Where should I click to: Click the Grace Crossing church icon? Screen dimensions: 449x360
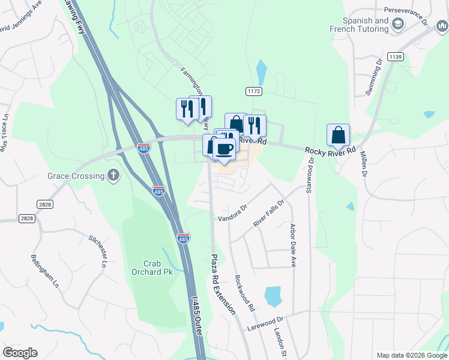113,175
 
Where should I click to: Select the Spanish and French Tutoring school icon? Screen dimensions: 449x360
397,24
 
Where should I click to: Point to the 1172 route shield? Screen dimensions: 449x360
253,91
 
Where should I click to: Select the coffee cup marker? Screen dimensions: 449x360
224,149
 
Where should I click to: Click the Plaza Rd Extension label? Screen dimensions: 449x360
222,284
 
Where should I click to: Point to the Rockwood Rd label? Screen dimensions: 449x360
244,293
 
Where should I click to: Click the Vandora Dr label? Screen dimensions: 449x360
233,214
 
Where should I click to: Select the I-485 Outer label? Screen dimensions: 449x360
196,314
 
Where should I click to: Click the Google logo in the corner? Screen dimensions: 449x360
20,353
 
